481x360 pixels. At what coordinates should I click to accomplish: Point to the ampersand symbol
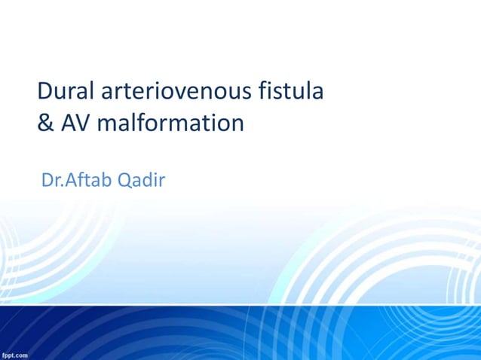point(45,122)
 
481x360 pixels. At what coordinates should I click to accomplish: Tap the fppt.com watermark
point(15,354)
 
